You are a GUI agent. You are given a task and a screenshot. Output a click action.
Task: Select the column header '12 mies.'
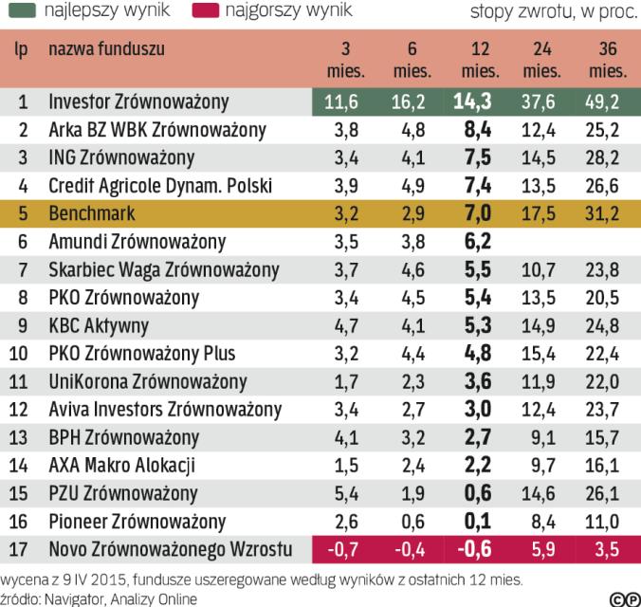point(474,59)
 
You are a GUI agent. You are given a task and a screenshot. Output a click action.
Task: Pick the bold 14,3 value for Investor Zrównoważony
point(474,101)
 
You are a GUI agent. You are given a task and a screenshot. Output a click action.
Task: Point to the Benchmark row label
point(91,212)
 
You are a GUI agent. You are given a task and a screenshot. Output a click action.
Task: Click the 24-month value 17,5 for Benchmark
point(540,212)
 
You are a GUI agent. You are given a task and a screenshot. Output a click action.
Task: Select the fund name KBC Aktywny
point(99,324)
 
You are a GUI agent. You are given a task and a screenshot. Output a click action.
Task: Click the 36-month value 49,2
point(605,101)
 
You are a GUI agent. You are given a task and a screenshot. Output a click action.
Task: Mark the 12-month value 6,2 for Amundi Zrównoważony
point(474,240)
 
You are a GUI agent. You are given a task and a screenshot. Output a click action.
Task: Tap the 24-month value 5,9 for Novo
point(543,548)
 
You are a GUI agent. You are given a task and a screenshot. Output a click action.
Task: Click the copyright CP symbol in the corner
point(622,598)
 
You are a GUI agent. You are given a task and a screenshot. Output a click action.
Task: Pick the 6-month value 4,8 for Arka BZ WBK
point(412,129)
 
